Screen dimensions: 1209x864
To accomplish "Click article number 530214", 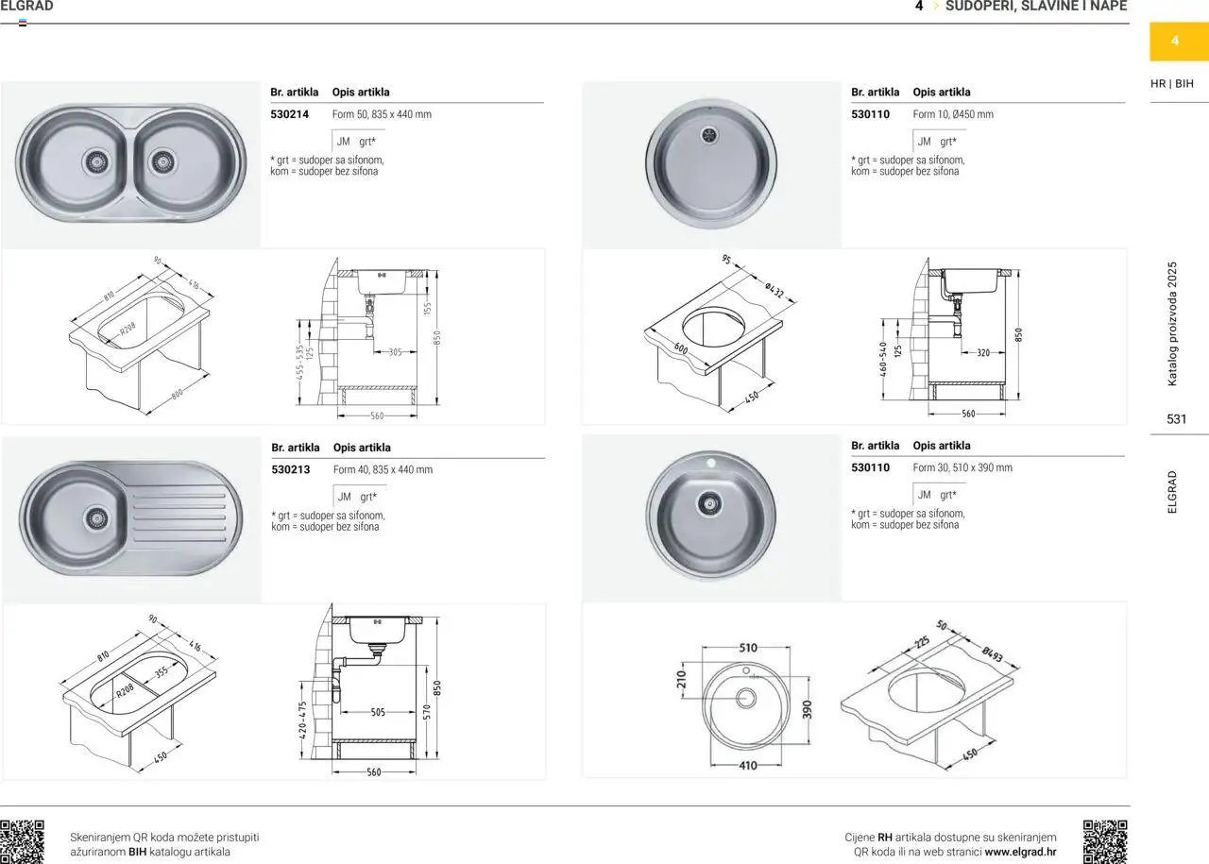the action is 289,114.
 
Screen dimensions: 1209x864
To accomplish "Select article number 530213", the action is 290,469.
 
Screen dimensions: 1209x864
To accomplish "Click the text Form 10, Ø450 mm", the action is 953,114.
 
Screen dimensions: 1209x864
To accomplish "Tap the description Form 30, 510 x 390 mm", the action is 962,468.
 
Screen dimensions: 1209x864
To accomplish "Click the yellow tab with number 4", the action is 1174,41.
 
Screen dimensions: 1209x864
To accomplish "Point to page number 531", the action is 1177,419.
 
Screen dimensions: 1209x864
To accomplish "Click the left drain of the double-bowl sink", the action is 96,161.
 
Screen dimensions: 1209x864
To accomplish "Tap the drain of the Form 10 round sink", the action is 708,134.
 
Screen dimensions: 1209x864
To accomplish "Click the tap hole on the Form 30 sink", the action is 711,463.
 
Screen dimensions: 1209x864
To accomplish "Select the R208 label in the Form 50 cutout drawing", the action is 128,328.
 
